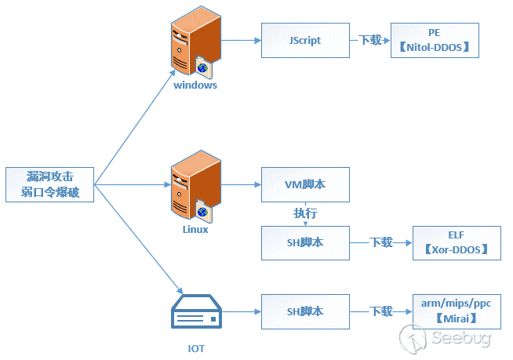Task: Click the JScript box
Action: click(x=304, y=39)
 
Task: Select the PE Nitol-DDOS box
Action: click(x=433, y=39)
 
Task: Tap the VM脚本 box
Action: click(x=304, y=185)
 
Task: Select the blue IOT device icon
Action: click(x=195, y=311)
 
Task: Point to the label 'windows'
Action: click(x=195, y=85)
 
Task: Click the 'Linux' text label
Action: click(x=195, y=230)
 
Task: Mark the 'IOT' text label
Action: click(x=196, y=347)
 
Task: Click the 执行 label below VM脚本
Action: click(x=304, y=213)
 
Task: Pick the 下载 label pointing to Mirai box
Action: click(x=381, y=311)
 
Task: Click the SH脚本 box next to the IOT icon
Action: click(x=304, y=311)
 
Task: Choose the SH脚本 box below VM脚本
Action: click(x=304, y=243)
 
